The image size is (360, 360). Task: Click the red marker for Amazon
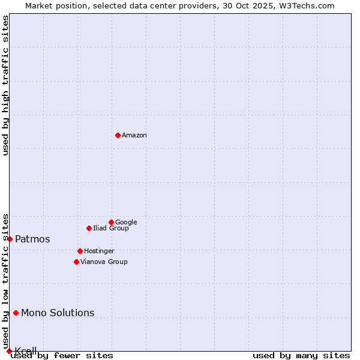pyautogui.click(x=118, y=135)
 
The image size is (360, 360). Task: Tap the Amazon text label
pyautogui.click(x=134, y=136)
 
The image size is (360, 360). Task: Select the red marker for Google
pyautogui.click(x=111, y=222)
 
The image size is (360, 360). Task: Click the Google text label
pyautogui.click(x=126, y=223)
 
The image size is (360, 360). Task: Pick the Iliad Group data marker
pyautogui.click(x=89, y=228)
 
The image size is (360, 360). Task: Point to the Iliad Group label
pyautogui.click(x=111, y=229)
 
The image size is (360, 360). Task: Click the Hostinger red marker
pyautogui.click(x=80, y=251)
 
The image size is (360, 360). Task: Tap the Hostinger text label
pyautogui.click(x=99, y=251)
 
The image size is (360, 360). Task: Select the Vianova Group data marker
pyautogui.click(x=76, y=262)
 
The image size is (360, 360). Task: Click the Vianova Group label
pyautogui.click(x=104, y=262)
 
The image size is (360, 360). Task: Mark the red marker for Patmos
pyautogui.click(x=10, y=239)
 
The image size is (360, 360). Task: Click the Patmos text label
pyautogui.click(x=32, y=239)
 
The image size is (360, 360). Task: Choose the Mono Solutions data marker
pyautogui.click(x=16, y=313)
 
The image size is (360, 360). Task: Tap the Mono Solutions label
pyautogui.click(x=58, y=313)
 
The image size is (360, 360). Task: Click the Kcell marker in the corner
pyautogui.click(x=9, y=351)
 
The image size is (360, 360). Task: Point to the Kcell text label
pyautogui.click(x=26, y=350)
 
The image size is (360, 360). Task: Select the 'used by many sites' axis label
pyautogui.click(x=301, y=356)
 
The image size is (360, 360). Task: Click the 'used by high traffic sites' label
pyautogui.click(x=6, y=85)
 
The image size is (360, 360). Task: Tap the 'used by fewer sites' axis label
pyautogui.click(x=62, y=356)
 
